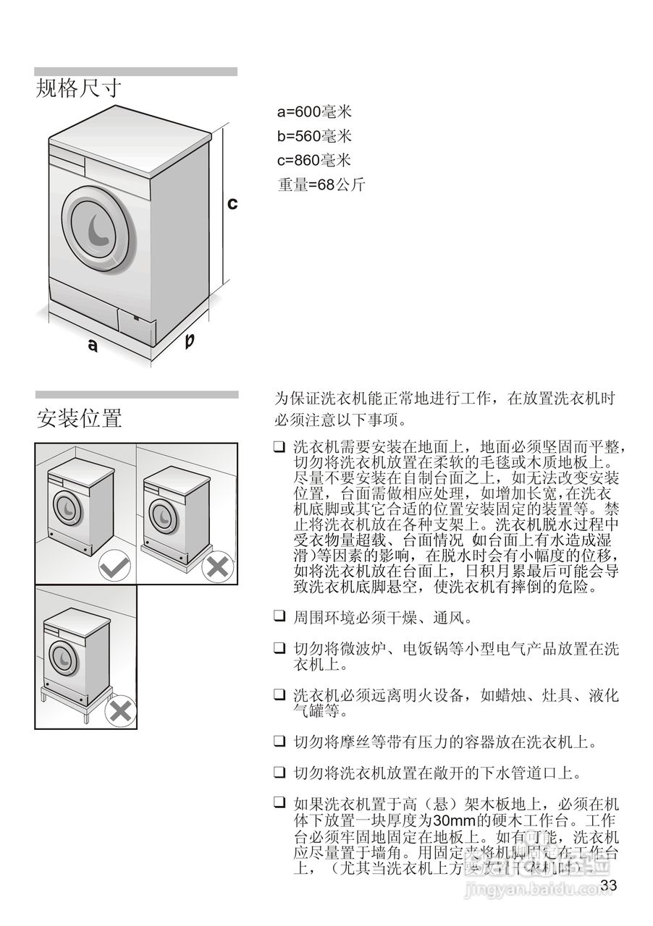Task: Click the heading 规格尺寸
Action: [78, 89]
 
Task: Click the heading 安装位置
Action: [79, 417]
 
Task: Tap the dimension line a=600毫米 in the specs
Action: [313, 112]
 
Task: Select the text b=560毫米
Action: [313, 136]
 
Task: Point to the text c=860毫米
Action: [313, 160]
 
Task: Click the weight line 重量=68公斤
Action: [321, 184]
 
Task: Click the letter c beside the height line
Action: [232, 204]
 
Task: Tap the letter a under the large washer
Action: [93, 347]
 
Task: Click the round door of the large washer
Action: [98, 226]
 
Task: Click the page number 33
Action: [609, 885]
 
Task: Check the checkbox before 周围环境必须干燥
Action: [279, 617]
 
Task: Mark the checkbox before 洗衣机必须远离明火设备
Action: [279, 695]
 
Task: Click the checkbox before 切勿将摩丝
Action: [279, 742]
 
